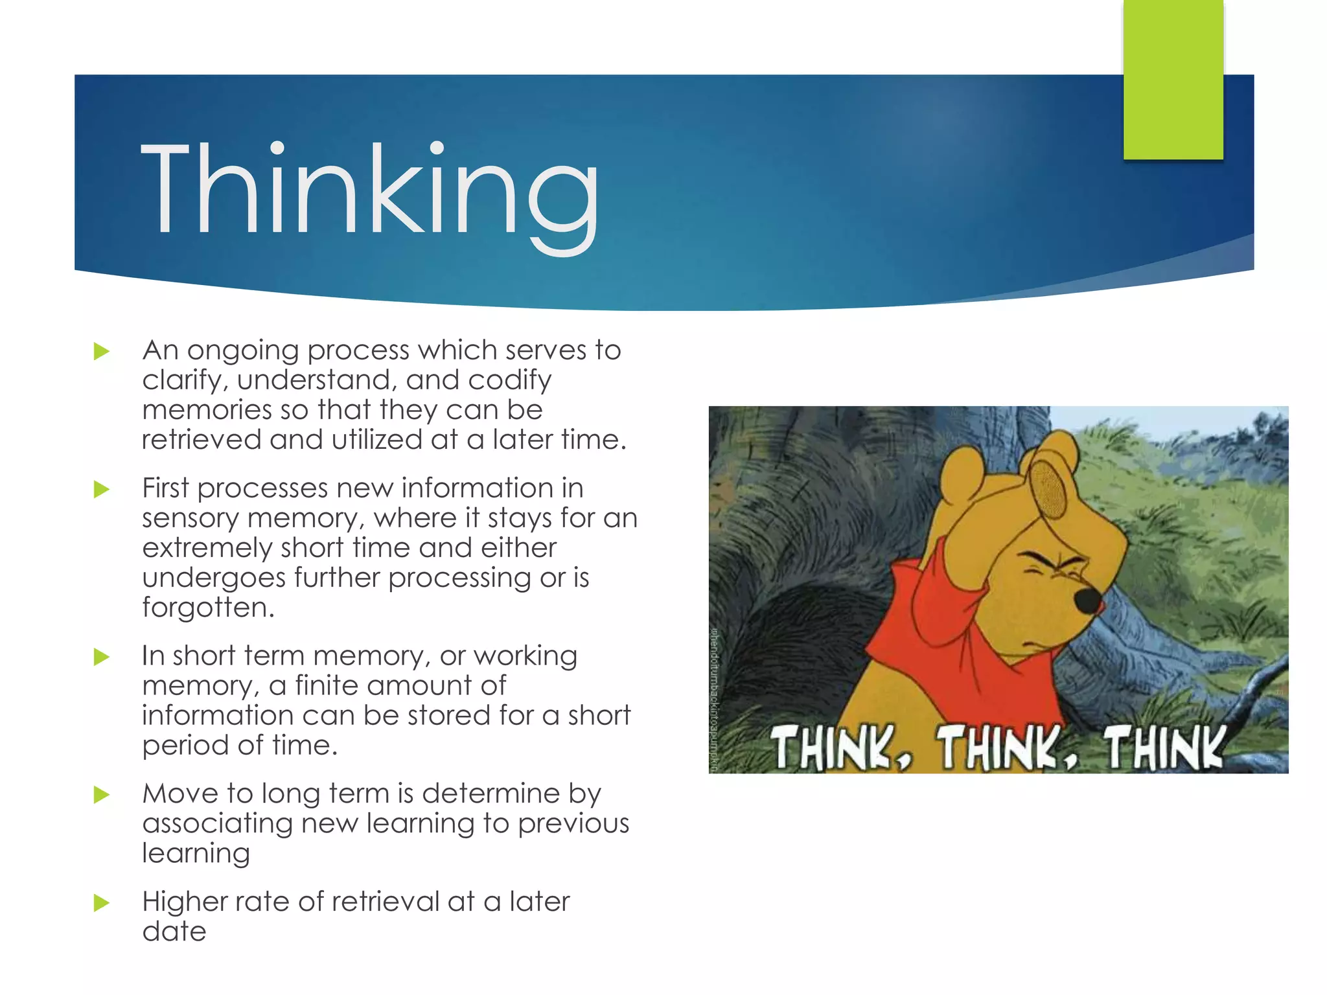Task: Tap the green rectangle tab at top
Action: [x=1173, y=79]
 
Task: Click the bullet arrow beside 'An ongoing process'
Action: [x=102, y=352]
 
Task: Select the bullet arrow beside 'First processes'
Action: [x=102, y=490]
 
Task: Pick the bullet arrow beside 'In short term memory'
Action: [x=102, y=658]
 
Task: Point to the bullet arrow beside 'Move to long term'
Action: [x=102, y=795]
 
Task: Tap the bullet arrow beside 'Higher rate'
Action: [x=102, y=903]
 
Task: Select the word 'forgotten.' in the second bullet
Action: [x=208, y=608]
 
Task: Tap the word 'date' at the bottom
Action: [x=174, y=932]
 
